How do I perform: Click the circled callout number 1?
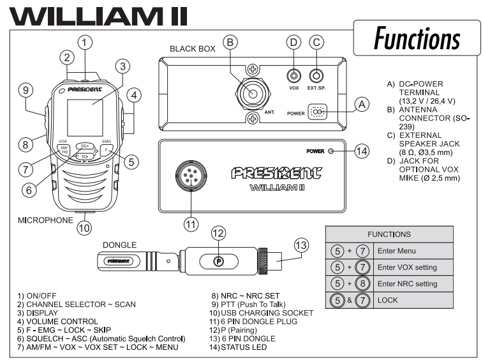[85, 42]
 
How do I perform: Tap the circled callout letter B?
[232, 43]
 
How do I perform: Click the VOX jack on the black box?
[294, 75]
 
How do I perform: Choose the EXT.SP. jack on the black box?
[315, 75]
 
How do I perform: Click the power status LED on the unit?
[330, 151]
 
